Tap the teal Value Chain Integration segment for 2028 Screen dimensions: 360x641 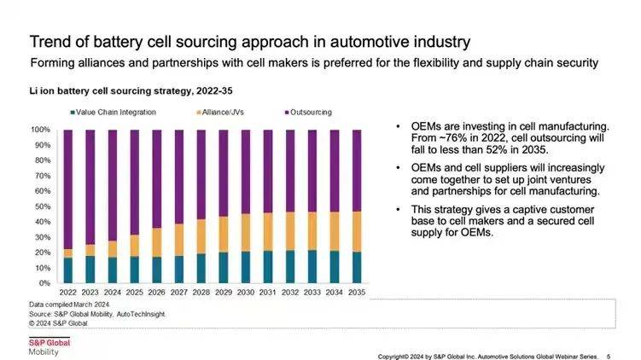coord(201,268)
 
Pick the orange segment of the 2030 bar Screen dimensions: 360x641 coord(246,232)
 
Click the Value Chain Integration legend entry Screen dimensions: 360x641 coord(107,112)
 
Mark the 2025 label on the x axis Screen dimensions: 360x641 coord(135,293)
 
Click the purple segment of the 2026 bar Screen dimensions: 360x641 coord(157,178)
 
